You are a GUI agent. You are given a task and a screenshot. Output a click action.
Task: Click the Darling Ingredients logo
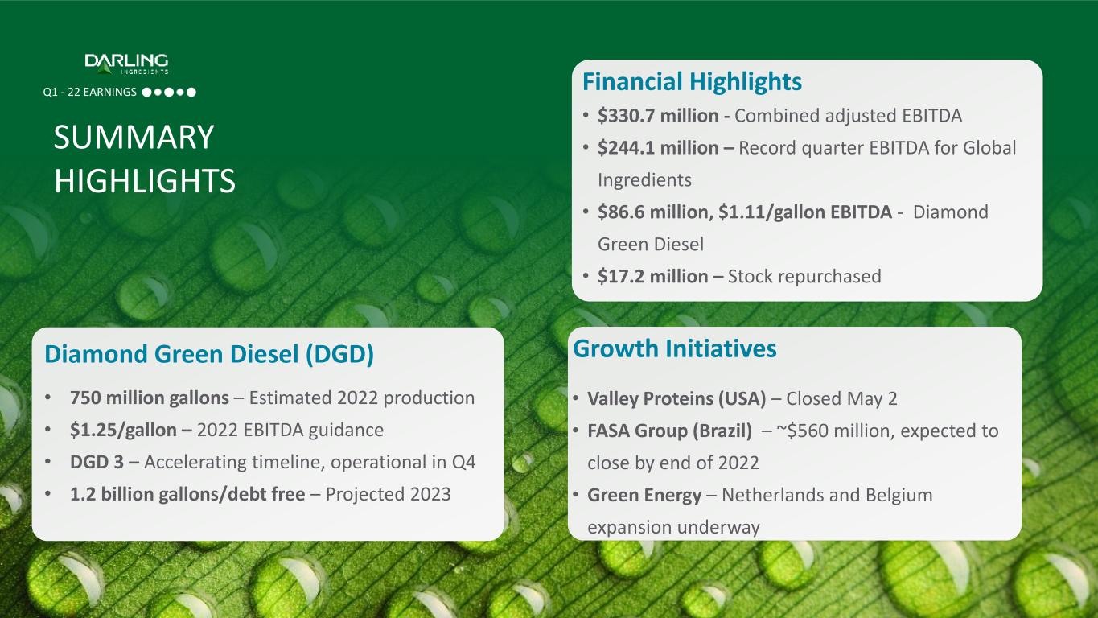pyautogui.click(x=126, y=64)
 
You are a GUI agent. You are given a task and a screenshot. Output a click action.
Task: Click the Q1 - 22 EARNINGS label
pyautogui.click(x=90, y=93)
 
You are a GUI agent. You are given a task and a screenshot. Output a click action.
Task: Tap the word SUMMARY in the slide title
pyautogui.click(x=134, y=137)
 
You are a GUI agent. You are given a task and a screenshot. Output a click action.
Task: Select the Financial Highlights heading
pyautogui.click(x=692, y=82)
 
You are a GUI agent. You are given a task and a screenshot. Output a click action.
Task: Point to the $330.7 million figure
pyautogui.click(x=658, y=116)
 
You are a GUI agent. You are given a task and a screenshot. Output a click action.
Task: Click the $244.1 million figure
pyautogui.click(x=658, y=147)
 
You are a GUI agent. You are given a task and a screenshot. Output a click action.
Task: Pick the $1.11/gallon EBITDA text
pyautogui.click(x=805, y=212)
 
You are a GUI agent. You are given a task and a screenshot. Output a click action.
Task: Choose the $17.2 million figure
pyautogui.click(x=652, y=277)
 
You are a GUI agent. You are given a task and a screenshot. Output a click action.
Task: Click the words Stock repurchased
pyautogui.click(x=804, y=277)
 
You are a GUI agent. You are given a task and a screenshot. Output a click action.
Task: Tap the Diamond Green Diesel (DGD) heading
pyautogui.click(x=209, y=354)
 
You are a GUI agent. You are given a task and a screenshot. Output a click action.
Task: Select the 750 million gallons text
pyautogui.click(x=150, y=398)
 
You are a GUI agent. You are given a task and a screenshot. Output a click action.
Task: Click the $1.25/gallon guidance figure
pyautogui.click(x=123, y=431)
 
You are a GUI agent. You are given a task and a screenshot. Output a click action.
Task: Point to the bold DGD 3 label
pyautogui.click(x=97, y=462)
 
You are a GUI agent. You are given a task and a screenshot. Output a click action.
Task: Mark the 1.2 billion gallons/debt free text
pyautogui.click(x=187, y=494)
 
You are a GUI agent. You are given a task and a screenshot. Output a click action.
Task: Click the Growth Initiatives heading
pyautogui.click(x=674, y=348)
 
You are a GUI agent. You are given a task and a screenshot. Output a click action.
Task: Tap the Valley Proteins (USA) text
pyautogui.click(x=676, y=399)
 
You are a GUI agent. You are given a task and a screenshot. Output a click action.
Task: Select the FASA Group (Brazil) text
pyautogui.click(x=669, y=431)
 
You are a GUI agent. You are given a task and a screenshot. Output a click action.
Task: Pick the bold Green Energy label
pyautogui.click(x=644, y=496)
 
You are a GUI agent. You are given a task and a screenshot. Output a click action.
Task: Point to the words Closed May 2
pyautogui.click(x=841, y=399)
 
